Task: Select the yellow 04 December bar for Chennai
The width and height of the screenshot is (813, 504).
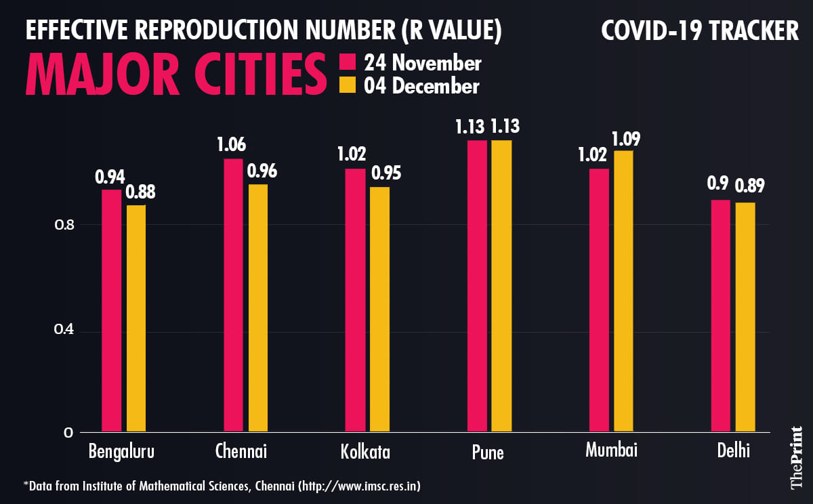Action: (x=258, y=308)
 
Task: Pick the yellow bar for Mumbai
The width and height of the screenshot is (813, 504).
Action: (x=623, y=291)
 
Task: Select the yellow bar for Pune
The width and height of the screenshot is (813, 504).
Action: (x=501, y=285)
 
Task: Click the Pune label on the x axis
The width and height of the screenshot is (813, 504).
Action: (x=487, y=453)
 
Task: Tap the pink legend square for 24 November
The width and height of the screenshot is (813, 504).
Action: (x=347, y=63)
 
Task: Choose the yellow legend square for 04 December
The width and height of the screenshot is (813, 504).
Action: (x=347, y=86)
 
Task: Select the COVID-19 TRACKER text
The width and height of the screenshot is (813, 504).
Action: (x=700, y=30)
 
